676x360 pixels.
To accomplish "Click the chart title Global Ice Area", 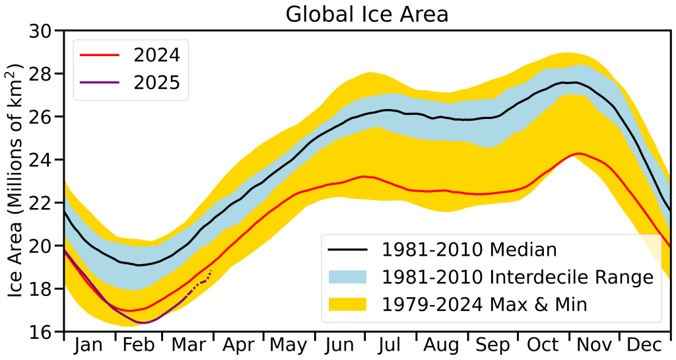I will [367, 14].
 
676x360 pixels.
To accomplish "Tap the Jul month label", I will [390, 345].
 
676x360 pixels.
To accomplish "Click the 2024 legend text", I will [156, 54].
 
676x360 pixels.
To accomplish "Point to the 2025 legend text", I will [156, 83].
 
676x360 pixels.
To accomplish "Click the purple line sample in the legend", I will [100, 83].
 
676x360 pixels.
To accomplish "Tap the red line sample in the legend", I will [100, 55].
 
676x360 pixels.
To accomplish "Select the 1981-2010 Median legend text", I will [470, 250].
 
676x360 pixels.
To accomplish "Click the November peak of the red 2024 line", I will [578, 154].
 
